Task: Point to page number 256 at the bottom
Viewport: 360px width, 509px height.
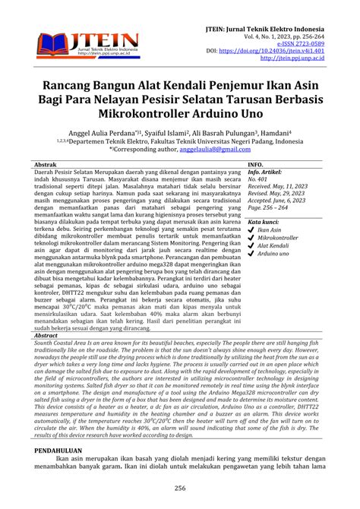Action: (180, 488)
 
